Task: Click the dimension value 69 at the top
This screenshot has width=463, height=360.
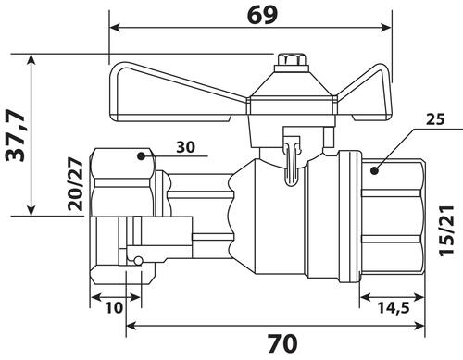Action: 262,15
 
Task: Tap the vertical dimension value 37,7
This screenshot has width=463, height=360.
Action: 16,135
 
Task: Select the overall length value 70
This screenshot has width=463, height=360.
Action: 282,343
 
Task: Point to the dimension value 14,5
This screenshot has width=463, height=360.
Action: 394,307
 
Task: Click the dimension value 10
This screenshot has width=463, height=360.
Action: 114,307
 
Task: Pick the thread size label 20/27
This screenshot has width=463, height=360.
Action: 76,184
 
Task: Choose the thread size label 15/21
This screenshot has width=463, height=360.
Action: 447,230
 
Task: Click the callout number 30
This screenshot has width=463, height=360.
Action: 186,147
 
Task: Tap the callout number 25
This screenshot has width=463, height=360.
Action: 435,119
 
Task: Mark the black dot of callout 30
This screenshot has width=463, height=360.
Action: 141,156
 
